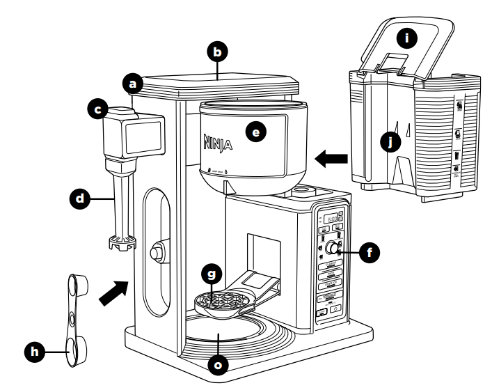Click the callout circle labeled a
[132, 84]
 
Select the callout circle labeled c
[98, 109]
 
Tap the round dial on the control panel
[333, 249]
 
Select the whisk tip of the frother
[120, 242]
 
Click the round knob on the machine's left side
[157, 249]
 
